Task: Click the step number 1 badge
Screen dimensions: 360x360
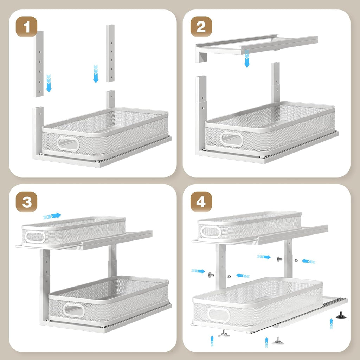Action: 26,27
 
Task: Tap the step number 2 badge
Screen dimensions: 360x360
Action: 201,27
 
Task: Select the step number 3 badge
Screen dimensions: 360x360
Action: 26,202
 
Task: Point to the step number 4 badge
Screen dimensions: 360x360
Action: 201,202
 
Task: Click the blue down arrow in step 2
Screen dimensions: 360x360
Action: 247,59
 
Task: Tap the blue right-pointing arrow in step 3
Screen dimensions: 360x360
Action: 52,216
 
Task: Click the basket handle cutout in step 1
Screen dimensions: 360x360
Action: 68,144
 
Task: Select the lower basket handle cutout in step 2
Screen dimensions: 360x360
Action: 231,139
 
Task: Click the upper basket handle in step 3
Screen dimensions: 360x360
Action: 35,237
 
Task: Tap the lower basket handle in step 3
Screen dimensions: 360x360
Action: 74,310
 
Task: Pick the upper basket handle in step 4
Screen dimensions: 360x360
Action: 211,232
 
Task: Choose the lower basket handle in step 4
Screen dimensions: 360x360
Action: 219,315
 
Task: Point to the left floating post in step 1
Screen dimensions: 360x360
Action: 38,64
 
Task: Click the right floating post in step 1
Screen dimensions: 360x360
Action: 110,53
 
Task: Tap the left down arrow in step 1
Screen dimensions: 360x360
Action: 49,83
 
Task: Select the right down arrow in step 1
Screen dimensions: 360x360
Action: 96,73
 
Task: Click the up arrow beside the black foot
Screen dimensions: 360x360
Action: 331,324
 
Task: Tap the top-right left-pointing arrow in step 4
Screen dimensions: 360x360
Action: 308,261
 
